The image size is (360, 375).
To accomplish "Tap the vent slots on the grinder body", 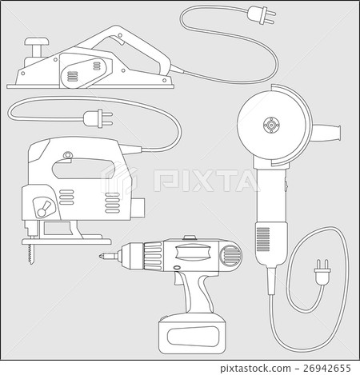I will [263, 238].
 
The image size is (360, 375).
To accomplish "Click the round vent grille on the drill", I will [230, 256].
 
